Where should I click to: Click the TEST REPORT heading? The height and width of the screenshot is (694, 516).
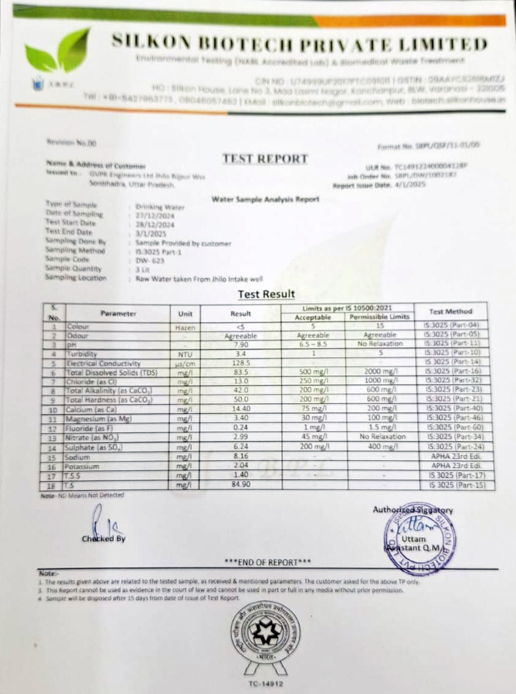tap(265, 159)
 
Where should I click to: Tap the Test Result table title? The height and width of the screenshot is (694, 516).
tap(266, 294)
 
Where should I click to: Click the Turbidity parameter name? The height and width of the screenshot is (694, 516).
tap(82, 354)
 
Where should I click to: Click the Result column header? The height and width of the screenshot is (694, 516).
tap(240, 313)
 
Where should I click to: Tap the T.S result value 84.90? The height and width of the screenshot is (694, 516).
tap(240, 485)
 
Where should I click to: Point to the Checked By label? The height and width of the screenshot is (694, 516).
tap(104, 538)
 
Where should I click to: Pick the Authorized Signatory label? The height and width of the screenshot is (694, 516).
tap(413, 510)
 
